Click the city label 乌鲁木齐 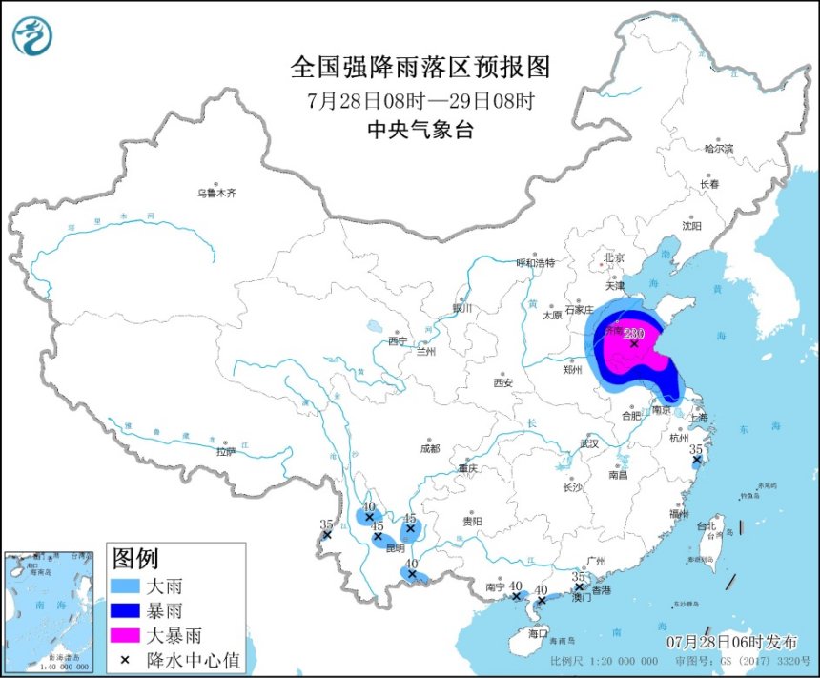click(216, 193)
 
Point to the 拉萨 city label click(225, 451)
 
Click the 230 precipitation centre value click(635, 334)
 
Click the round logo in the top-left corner click(32, 35)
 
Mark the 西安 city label click(503, 383)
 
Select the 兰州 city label click(425, 351)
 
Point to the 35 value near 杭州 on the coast click(696, 448)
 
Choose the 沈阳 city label click(691, 226)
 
